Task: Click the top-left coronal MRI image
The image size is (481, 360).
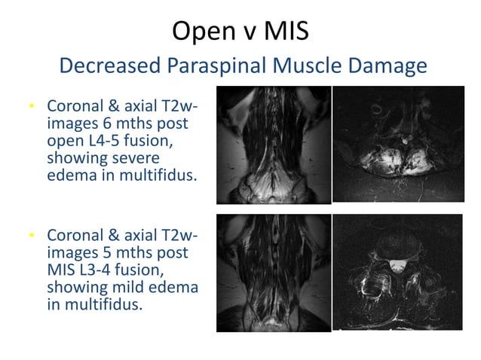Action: coord(273,145)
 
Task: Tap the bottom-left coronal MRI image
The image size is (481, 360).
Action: coord(273,273)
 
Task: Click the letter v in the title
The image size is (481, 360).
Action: coord(242,32)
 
